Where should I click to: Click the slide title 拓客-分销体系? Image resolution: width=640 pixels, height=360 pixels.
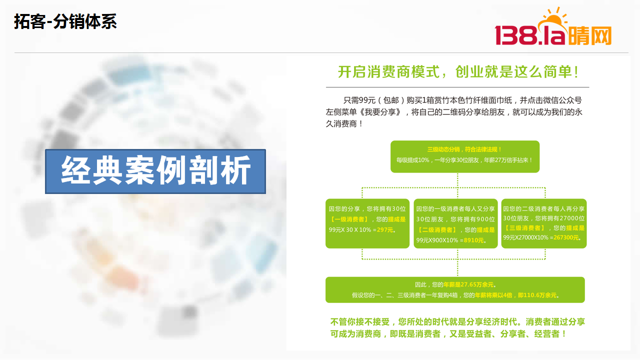pos(65,21)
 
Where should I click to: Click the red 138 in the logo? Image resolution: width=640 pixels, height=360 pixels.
pos(516,35)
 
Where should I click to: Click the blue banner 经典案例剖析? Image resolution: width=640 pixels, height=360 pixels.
pos(155,171)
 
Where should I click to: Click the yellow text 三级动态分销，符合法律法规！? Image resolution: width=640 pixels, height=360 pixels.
pos(465,149)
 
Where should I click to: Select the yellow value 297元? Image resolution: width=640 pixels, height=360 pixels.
pos(385,229)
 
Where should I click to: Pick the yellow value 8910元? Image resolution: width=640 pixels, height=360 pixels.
pos(473,240)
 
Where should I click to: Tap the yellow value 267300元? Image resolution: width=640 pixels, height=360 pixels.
pos(566,237)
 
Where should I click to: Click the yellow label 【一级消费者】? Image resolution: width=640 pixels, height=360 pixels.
pos(349,219)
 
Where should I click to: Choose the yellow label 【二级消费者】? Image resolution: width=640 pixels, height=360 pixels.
pos(437,229)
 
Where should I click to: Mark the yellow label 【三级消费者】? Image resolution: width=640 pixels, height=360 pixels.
pos(525,227)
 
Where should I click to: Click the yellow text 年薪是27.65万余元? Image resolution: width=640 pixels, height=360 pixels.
pos(468,284)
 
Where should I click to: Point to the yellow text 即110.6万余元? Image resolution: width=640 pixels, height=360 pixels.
pos(537,295)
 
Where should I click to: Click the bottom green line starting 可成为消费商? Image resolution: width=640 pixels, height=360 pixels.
pos(447,333)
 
